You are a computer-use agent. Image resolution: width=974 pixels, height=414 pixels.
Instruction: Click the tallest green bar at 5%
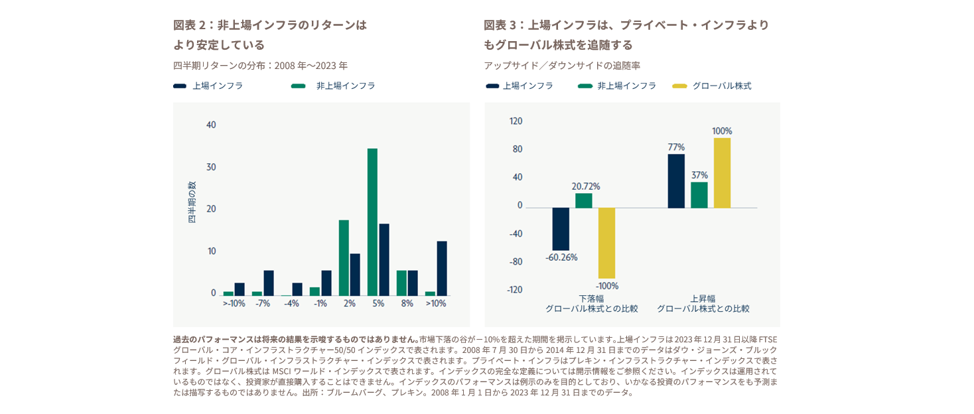coord(372,222)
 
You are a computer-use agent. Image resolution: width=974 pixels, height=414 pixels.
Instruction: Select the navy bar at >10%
coord(442,268)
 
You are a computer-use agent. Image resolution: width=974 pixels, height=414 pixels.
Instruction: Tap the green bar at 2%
coord(344,257)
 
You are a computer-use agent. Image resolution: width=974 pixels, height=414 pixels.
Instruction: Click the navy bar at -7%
coord(269,283)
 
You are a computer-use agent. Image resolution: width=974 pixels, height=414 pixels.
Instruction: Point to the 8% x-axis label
coord(407,303)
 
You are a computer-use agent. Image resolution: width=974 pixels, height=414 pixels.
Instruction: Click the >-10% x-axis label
coord(234,303)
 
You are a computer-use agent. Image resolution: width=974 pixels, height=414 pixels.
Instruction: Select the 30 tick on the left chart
coord(211,167)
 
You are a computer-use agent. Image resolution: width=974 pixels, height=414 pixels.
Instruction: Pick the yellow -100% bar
coord(606,243)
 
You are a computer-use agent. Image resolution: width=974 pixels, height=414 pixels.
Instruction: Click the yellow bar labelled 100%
coord(722,172)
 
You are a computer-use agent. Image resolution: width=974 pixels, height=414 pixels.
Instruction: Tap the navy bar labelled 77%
coord(676,180)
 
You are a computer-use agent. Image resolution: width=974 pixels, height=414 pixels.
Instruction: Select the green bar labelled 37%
coord(699,194)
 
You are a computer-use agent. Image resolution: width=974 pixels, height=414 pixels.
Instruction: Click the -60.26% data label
coord(561,257)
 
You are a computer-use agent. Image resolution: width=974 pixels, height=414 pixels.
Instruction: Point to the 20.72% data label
coord(585,186)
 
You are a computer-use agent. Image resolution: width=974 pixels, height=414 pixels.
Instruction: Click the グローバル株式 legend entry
coord(721,86)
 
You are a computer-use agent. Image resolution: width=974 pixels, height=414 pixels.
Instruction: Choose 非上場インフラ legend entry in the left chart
coord(345,86)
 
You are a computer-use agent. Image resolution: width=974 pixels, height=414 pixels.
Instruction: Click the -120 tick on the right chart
coord(515,289)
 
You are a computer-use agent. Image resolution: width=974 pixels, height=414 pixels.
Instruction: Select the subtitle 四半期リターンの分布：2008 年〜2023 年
coord(260,66)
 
